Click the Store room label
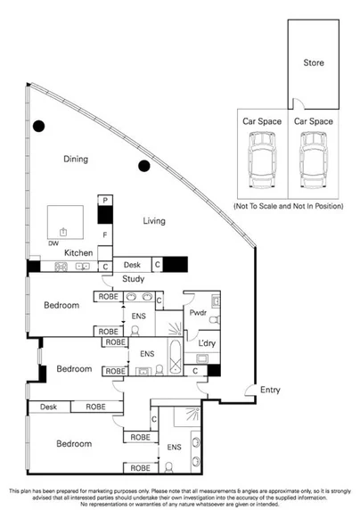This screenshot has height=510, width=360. tap(313, 63)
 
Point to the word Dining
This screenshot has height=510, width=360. tap(78, 159)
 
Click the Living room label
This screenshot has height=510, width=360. tap(158, 220)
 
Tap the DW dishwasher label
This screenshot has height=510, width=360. tap(53, 243)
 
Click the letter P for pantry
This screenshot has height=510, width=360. tap(104, 202)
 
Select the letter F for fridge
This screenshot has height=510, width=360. tap(104, 234)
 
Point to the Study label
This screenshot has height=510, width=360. tap(134, 279)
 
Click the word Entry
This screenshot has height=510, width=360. tap(270, 390)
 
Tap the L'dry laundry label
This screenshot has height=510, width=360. tap(209, 343)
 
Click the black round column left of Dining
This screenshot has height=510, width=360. tap(37, 126)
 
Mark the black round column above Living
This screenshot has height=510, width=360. tap(143, 165)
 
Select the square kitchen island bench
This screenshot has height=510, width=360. tap(65, 220)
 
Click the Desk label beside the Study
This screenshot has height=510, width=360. tap(133, 265)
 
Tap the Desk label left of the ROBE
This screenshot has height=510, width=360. tap(48, 407)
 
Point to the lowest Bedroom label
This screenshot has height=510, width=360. tap(74, 443)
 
